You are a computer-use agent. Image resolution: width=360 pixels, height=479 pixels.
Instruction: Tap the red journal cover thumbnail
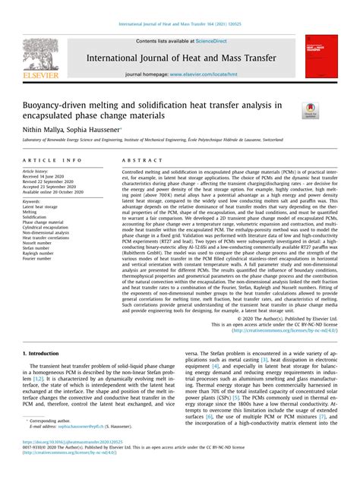[321, 55]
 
